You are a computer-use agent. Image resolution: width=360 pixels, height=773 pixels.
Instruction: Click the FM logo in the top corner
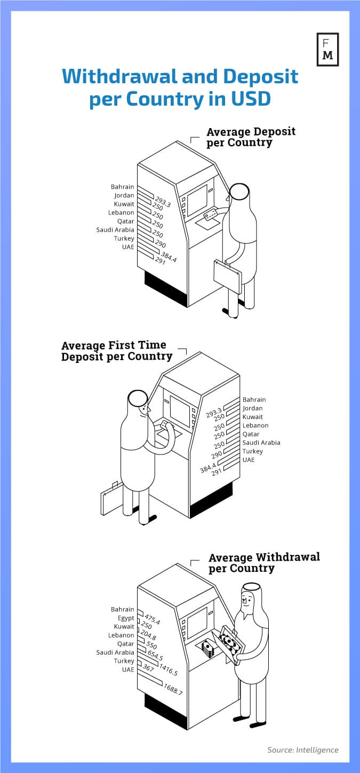[327, 50]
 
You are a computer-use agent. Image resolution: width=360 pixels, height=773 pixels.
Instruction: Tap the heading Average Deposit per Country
[250, 137]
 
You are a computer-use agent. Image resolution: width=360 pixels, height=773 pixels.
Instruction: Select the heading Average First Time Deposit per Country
[116, 350]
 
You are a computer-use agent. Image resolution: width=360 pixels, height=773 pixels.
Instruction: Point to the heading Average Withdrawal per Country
[263, 562]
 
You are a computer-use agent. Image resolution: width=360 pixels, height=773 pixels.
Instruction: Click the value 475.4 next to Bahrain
[152, 620]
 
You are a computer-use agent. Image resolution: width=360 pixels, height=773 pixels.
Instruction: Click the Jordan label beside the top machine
[124, 195]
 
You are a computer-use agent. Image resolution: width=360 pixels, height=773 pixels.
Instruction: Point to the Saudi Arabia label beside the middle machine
[261, 442]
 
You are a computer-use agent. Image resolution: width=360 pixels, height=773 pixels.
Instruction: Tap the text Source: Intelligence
[302, 750]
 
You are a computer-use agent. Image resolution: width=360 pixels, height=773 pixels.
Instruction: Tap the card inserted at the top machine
[210, 214]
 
